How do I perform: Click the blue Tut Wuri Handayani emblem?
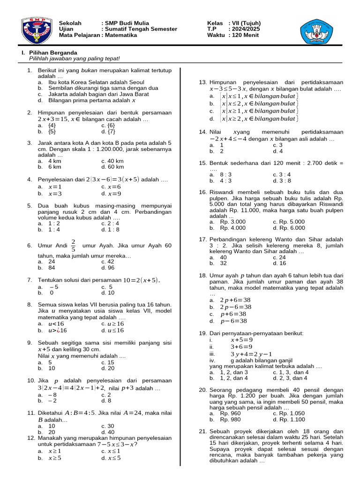click(318, 30)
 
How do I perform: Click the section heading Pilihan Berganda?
click(53, 52)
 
